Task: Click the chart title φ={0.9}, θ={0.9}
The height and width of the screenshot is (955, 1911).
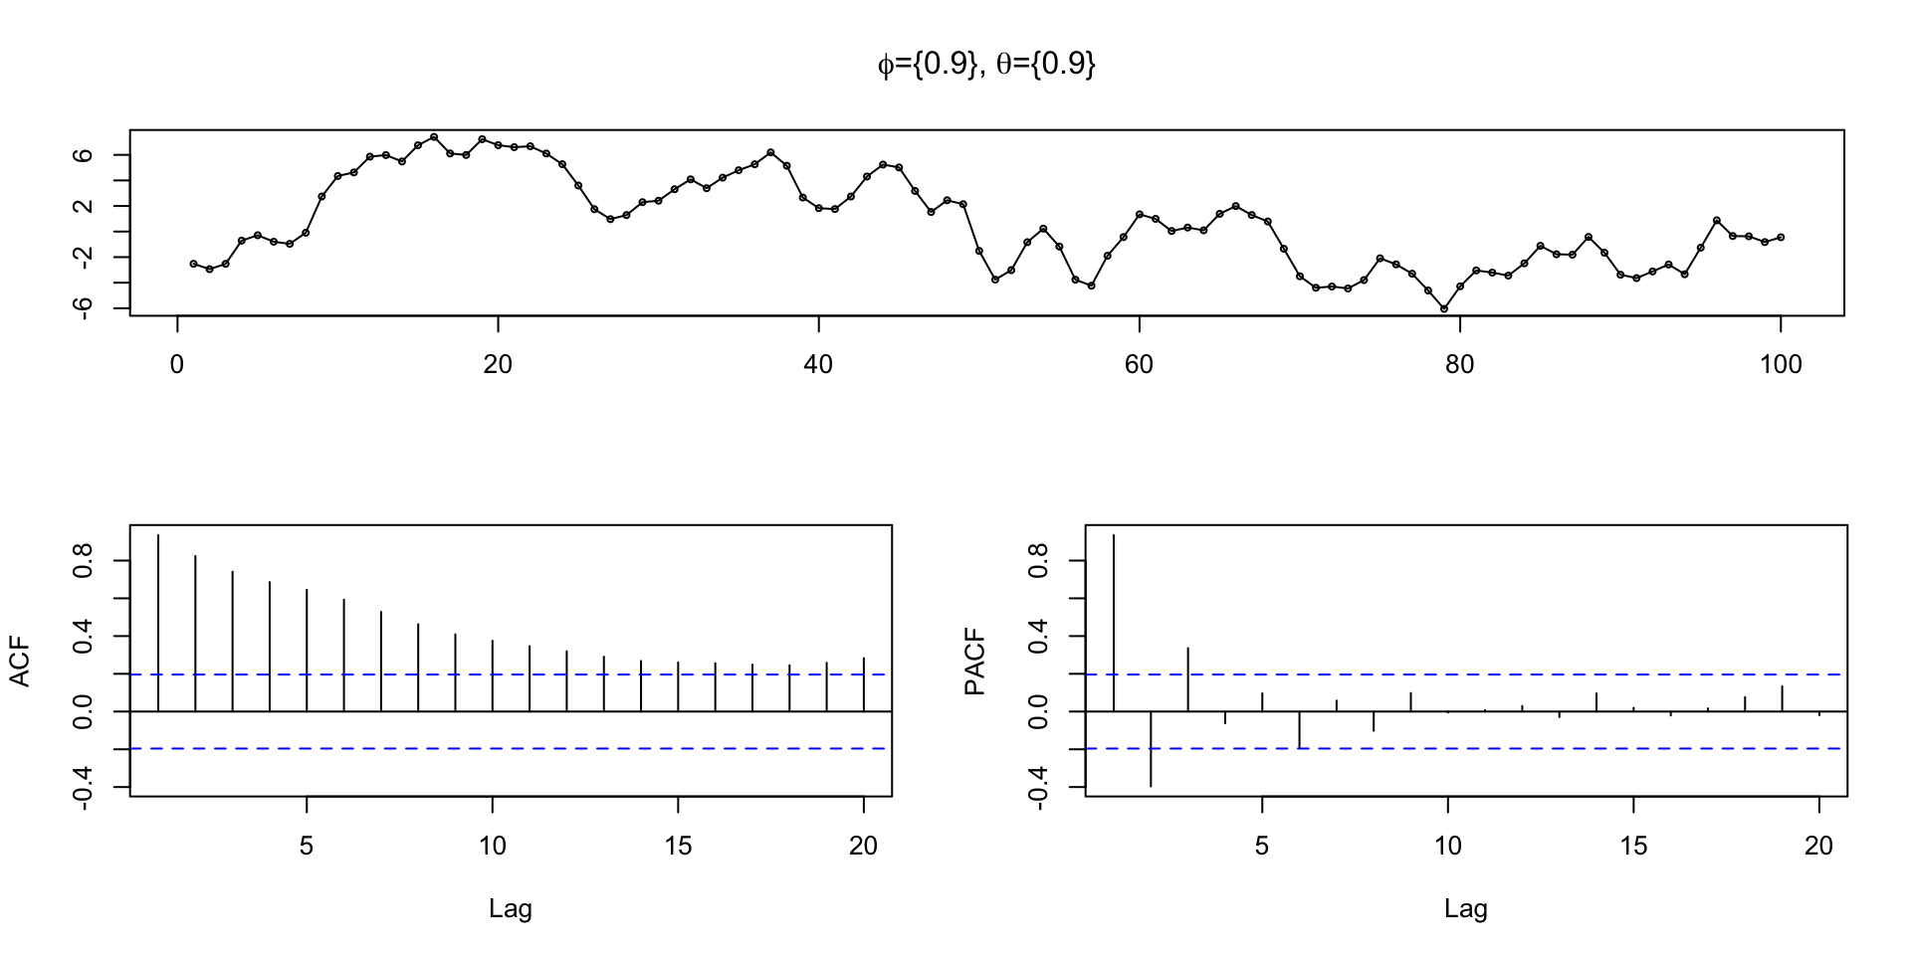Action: tap(985, 65)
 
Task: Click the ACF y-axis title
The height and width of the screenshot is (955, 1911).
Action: tap(20, 663)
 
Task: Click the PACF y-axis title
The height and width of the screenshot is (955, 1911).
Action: tap(975, 663)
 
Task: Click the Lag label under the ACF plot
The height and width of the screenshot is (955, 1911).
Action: tap(511, 908)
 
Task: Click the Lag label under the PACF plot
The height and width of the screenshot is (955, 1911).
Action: tap(1466, 908)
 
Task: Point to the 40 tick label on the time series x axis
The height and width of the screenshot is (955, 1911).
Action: tap(818, 365)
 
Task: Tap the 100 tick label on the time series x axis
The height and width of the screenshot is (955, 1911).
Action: tap(1781, 365)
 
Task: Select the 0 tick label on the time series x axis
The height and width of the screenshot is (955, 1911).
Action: tap(177, 365)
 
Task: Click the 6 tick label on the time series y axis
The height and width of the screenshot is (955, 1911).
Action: tap(84, 155)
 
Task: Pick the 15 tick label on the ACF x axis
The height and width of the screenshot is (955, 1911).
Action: tap(678, 847)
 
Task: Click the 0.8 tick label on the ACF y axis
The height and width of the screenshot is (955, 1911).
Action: tap(84, 561)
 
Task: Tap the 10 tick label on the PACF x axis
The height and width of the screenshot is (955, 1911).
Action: tap(1447, 847)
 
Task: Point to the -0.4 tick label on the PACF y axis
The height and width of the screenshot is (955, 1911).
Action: tap(1039, 787)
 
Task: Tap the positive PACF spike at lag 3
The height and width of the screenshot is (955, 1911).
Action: tap(1187, 679)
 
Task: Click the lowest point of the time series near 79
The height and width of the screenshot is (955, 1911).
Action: tap(1444, 309)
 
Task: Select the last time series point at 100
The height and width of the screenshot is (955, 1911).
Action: tap(1781, 237)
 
